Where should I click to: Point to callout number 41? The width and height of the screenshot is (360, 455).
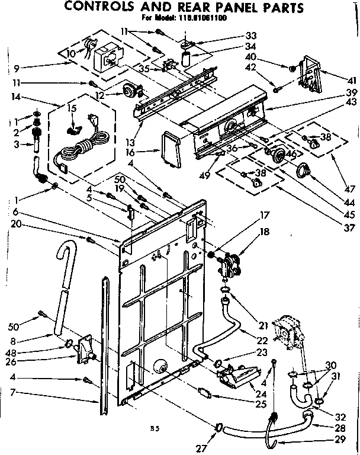point(351,81)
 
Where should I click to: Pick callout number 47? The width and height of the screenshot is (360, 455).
point(349,189)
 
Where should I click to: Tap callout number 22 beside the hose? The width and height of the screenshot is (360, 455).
point(261,341)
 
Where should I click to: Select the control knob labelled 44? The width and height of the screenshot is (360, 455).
point(304,171)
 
